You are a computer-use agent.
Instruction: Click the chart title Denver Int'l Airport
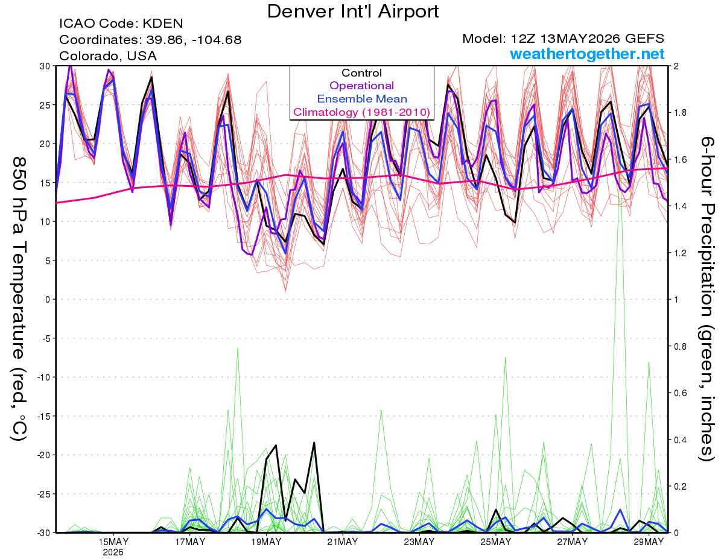pyautogui.click(x=353, y=11)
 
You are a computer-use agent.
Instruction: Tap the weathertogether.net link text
pyautogui.click(x=587, y=54)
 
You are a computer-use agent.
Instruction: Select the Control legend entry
pyautogui.click(x=362, y=73)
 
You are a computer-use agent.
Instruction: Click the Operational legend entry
pyautogui.click(x=362, y=86)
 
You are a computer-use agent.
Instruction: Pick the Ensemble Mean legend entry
pyautogui.click(x=362, y=99)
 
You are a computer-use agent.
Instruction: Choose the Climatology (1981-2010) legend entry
pyautogui.click(x=362, y=112)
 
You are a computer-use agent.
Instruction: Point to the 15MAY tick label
pyautogui.click(x=113, y=542)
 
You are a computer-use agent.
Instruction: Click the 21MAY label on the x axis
pyautogui.click(x=343, y=542)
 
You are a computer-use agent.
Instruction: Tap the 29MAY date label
pyautogui.click(x=649, y=542)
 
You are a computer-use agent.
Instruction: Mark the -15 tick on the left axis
pyautogui.click(x=43, y=417)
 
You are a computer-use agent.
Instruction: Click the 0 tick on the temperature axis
pyautogui.click(x=48, y=300)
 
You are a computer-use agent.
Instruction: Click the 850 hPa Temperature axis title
pyautogui.click(x=19, y=299)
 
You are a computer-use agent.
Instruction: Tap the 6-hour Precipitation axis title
pyautogui.click(x=707, y=299)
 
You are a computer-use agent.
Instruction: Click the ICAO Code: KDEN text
pyautogui.click(x=121, y=24)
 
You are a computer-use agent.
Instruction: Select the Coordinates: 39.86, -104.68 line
pyautogui.click(x=150, y=40)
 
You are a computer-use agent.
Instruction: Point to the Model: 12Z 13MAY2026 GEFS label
pyautogui.click(x=563, y=39)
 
